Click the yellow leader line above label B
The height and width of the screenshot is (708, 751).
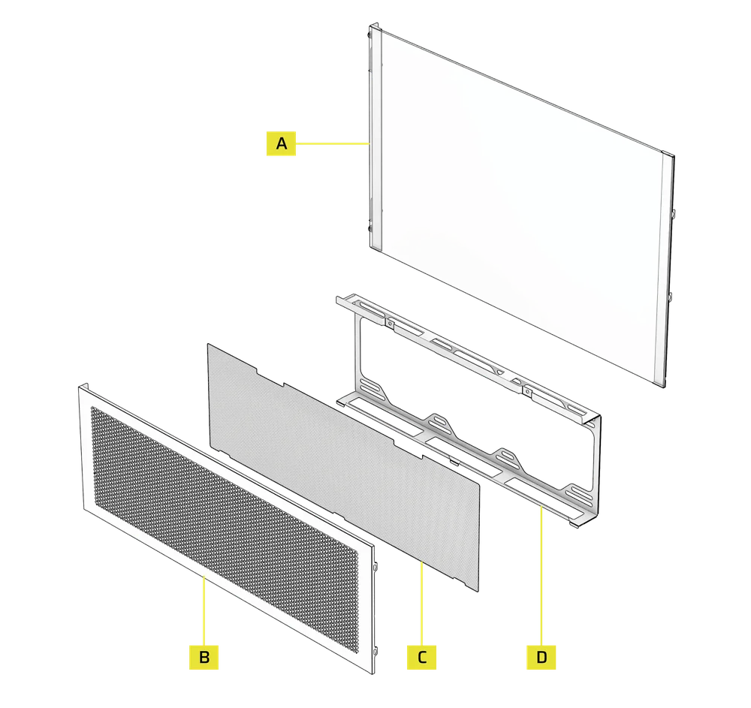click(204, 608)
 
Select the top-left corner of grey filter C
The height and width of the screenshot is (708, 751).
click(208, 345)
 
